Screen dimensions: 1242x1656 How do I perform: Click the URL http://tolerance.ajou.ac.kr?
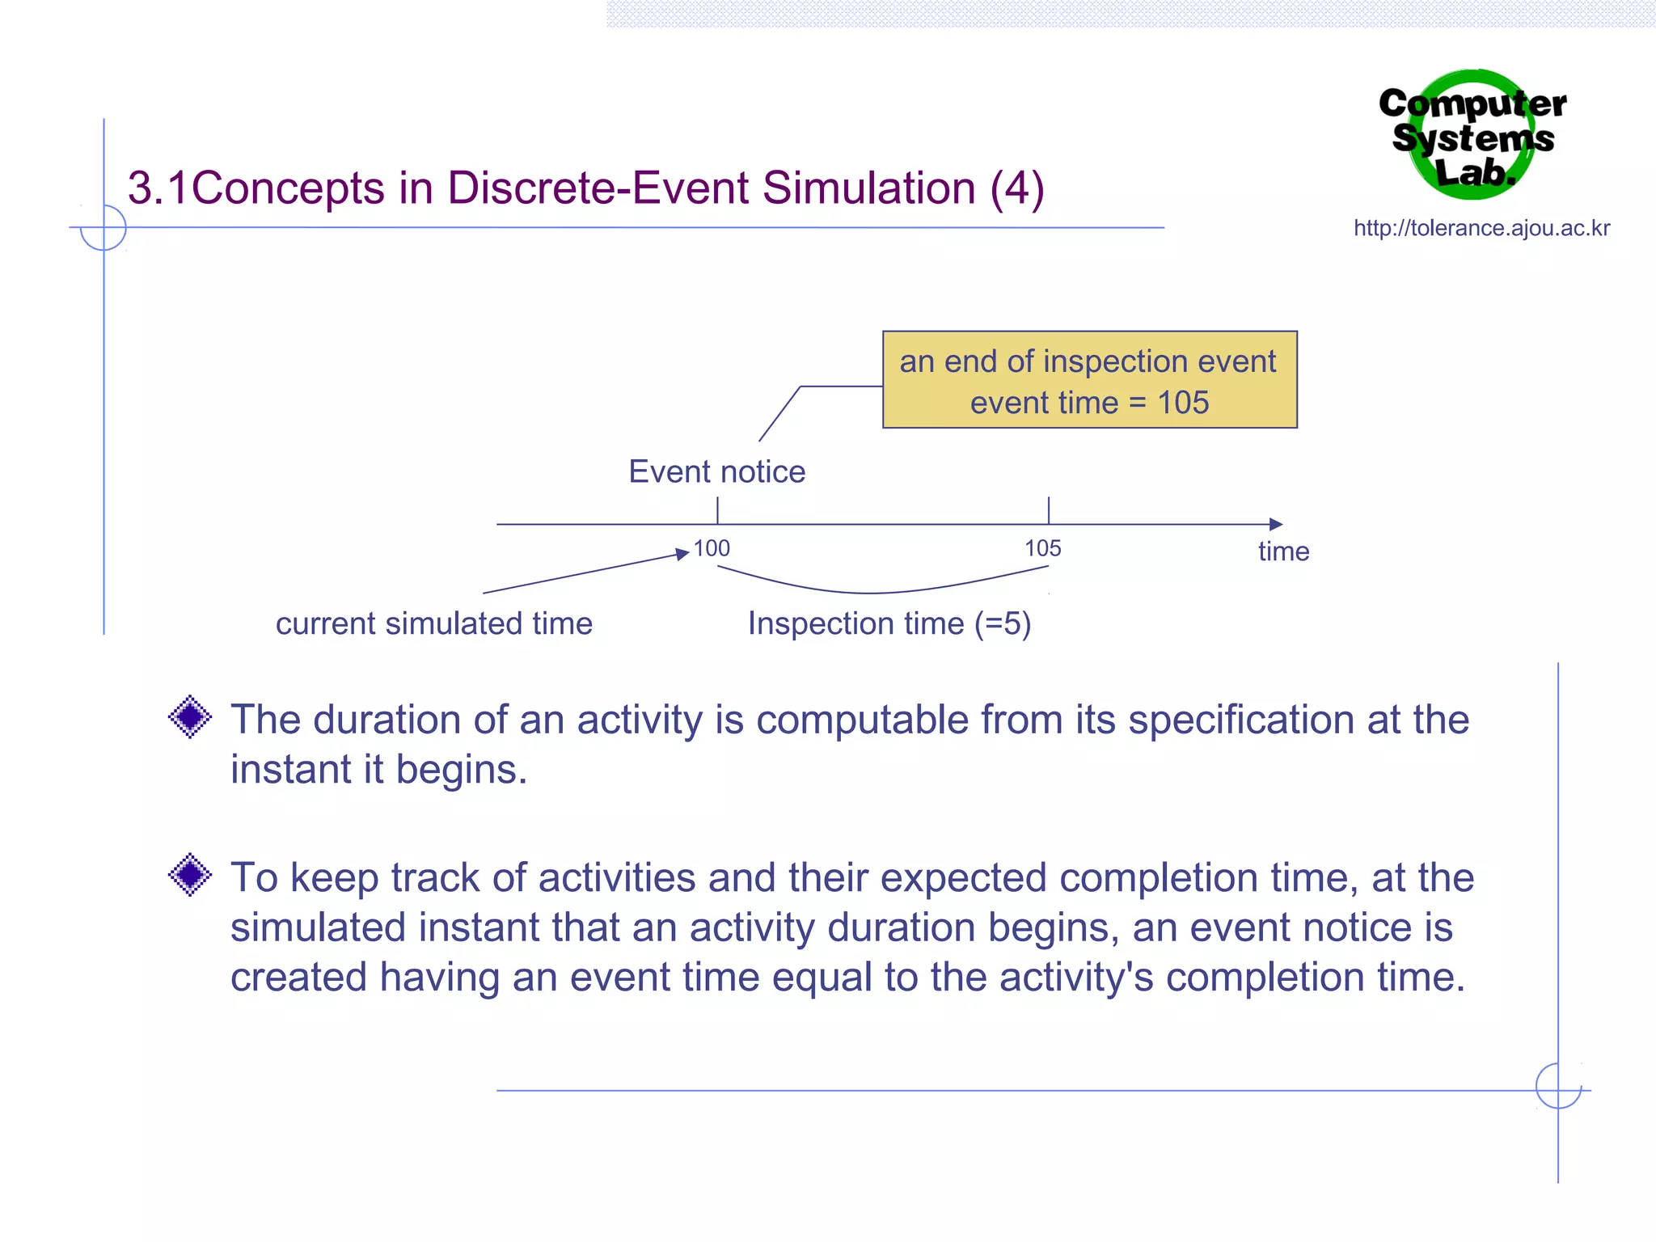point(1481,228)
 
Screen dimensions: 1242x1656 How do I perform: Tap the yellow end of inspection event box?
point(1089,379)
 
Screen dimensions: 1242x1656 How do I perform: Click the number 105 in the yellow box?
point(1183,403)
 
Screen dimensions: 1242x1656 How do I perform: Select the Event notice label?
point(716,471)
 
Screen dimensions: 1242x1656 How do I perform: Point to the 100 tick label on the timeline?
point(712,548)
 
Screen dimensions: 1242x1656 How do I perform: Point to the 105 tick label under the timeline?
point(1042,548)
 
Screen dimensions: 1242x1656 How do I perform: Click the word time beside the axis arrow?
point(1283,551)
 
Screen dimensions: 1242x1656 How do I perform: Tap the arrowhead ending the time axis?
point(1275,524)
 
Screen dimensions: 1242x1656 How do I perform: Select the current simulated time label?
point(434,623)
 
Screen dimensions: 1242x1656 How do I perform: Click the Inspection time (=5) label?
point(889,623)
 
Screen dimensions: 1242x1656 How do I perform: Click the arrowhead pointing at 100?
point(682,555)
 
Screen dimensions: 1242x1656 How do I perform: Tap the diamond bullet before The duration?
point(190,716)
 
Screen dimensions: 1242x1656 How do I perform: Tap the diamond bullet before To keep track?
point(190,874)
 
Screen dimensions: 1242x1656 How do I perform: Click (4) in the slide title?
point(1017,188)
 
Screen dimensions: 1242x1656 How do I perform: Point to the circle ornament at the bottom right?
point(1557,1086)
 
